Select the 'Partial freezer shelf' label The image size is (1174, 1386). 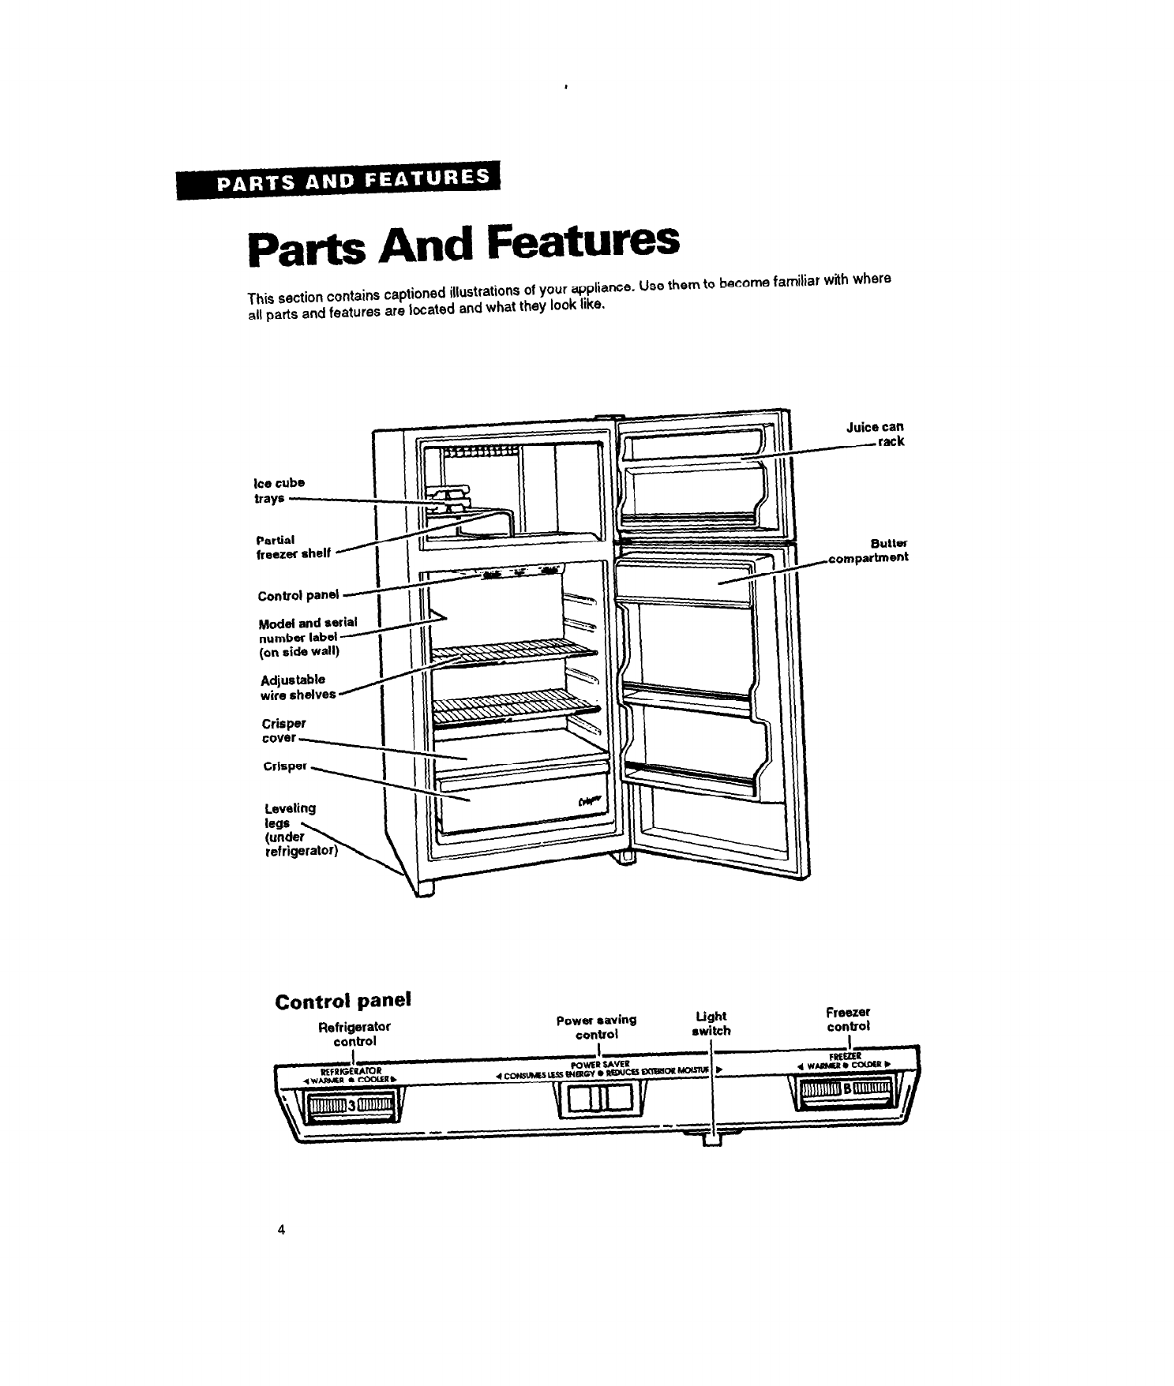pos(293,546)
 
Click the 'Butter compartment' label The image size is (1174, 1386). pos(868,550)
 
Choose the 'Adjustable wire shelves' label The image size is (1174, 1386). pos(297,687)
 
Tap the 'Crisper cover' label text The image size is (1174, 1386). pos(282,730)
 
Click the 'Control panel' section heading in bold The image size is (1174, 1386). pos(343,1000)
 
